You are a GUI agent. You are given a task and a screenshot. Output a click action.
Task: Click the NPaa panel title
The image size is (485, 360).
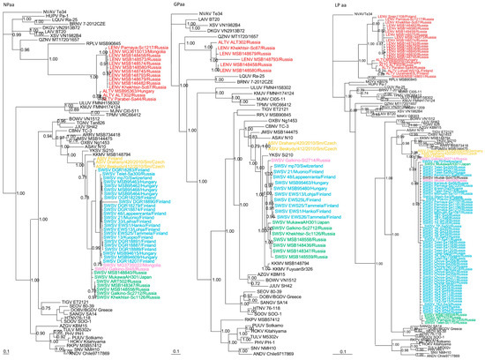[11, 4]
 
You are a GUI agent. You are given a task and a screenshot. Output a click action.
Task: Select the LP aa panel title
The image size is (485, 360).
[339, 4]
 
